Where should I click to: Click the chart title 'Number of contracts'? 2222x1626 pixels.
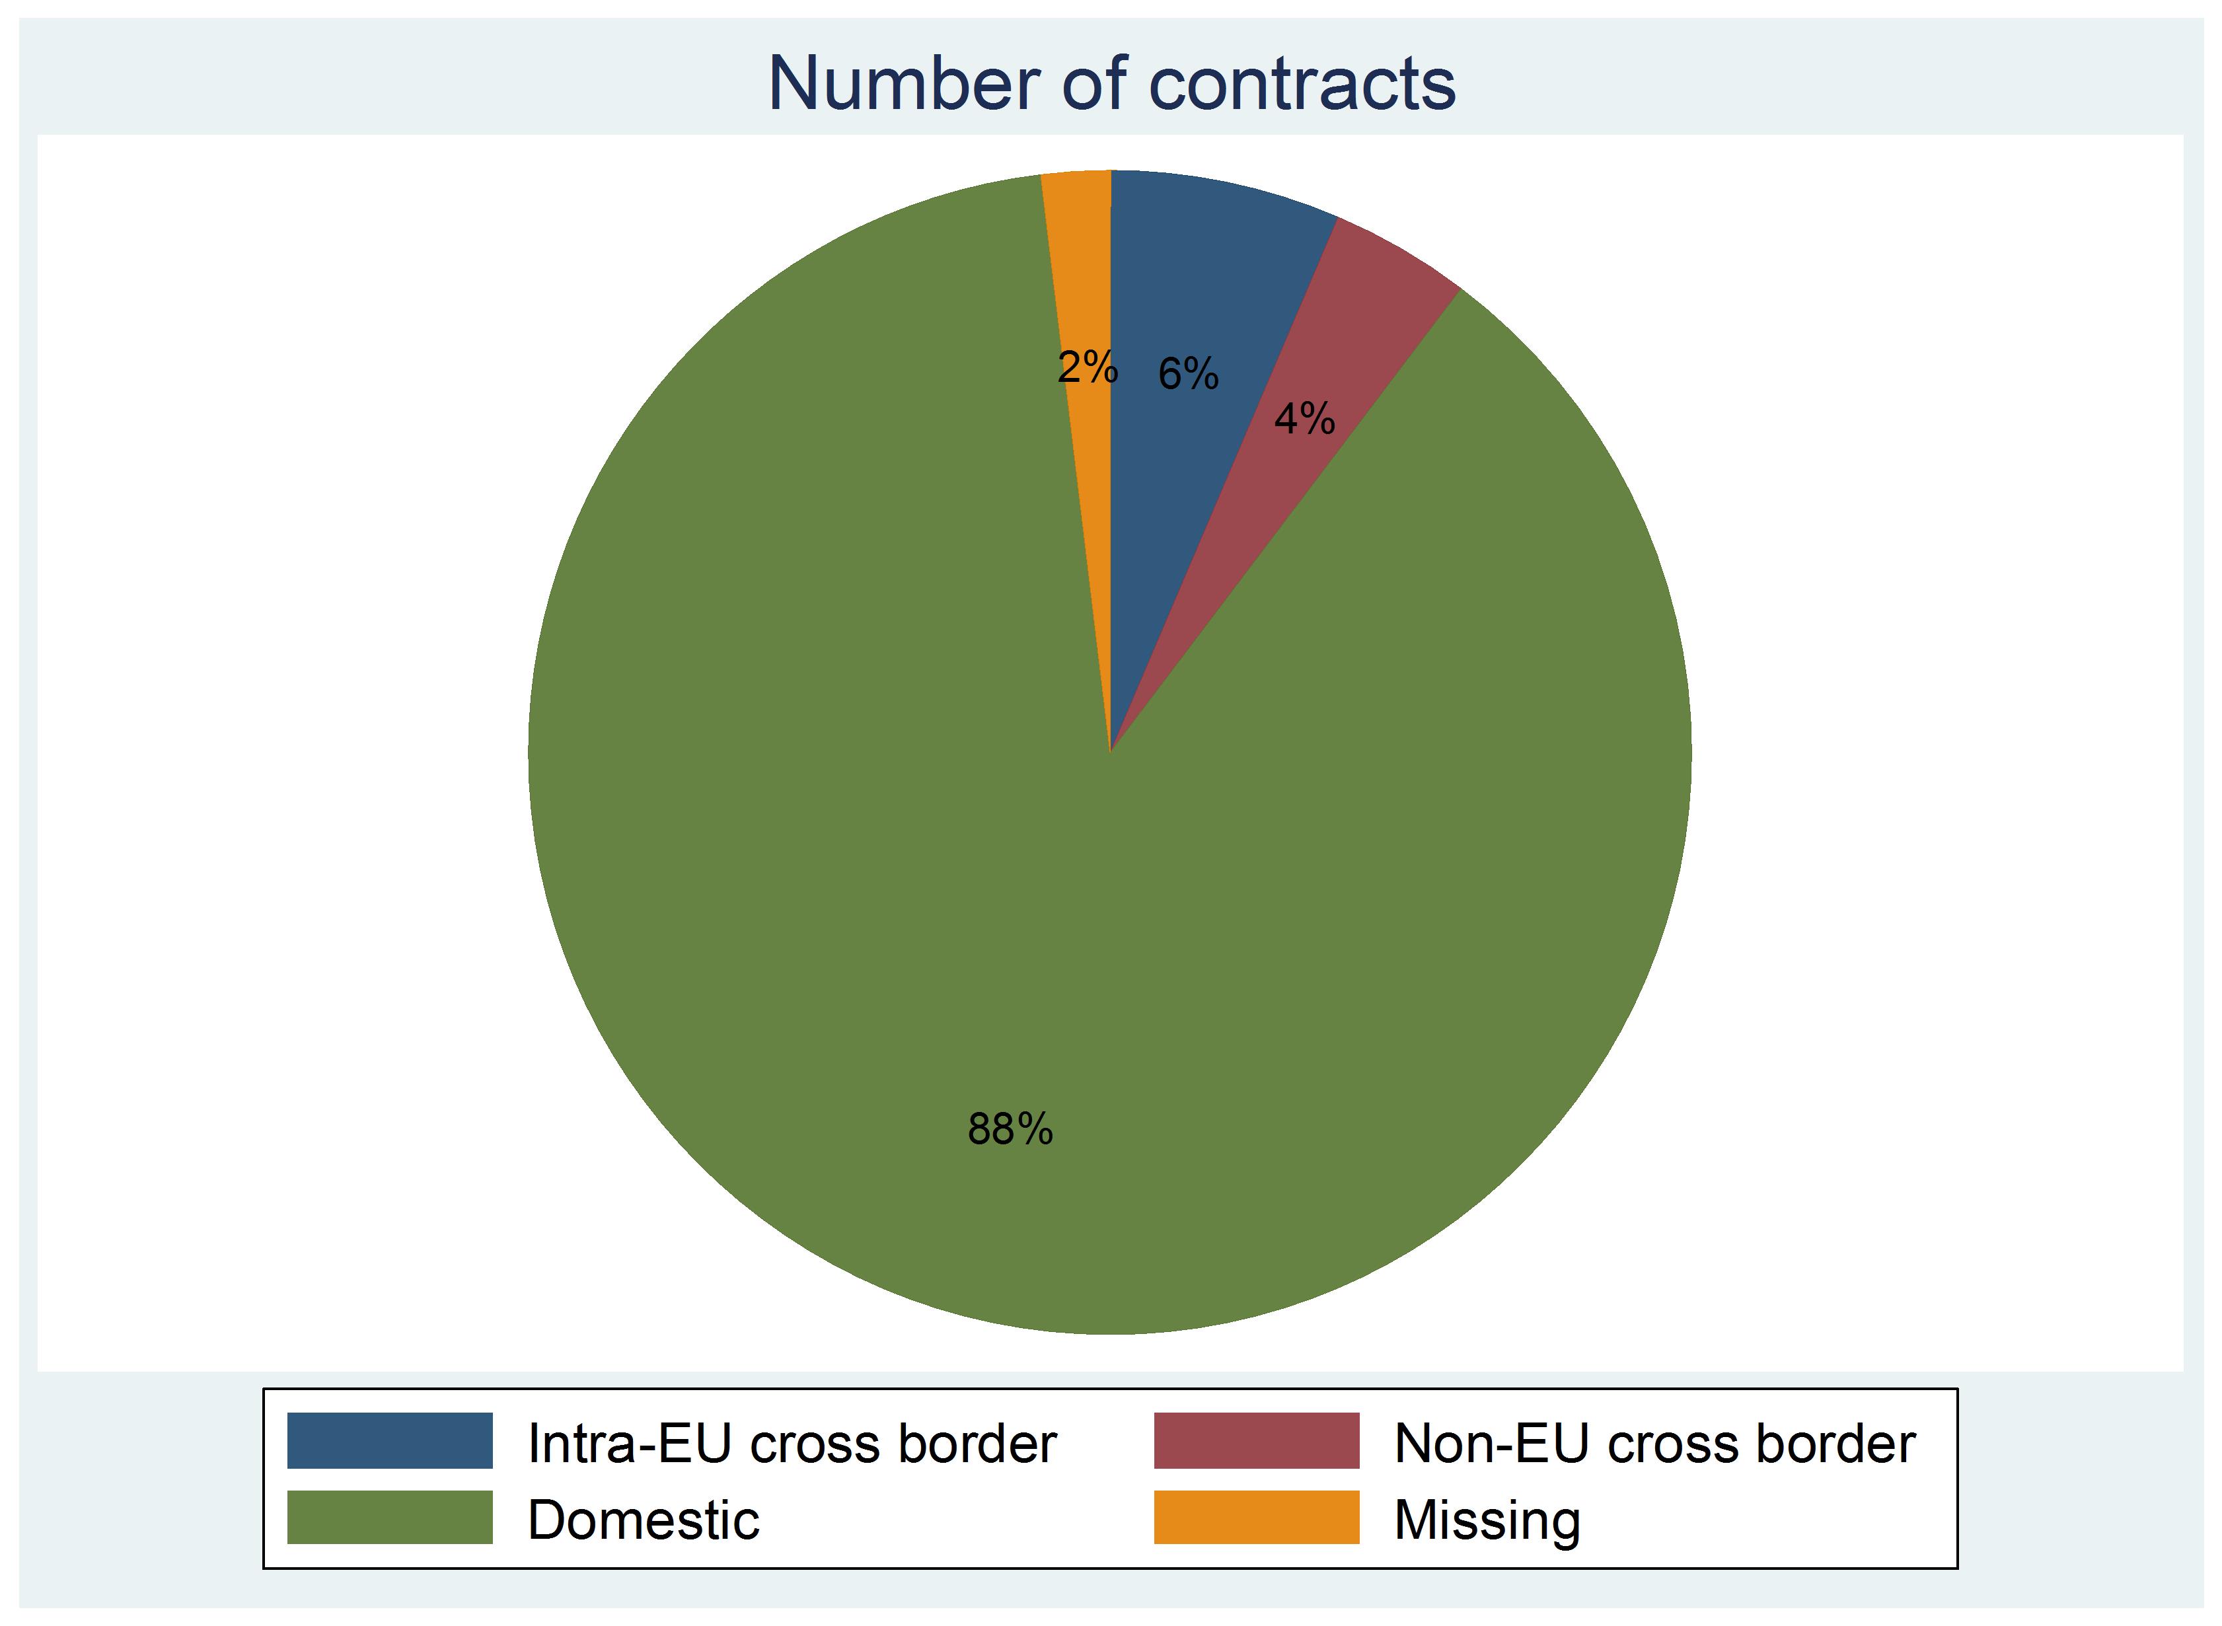1111,84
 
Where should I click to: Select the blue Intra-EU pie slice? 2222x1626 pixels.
1196,295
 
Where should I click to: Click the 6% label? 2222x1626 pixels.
1188,374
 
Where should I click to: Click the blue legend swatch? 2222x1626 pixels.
390,1441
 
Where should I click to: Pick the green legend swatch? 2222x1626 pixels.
390,1518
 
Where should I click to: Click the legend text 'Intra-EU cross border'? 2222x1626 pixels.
791,1444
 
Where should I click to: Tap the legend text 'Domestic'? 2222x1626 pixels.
643,1520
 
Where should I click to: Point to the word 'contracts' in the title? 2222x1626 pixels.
1301,84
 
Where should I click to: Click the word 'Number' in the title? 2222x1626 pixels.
903,84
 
